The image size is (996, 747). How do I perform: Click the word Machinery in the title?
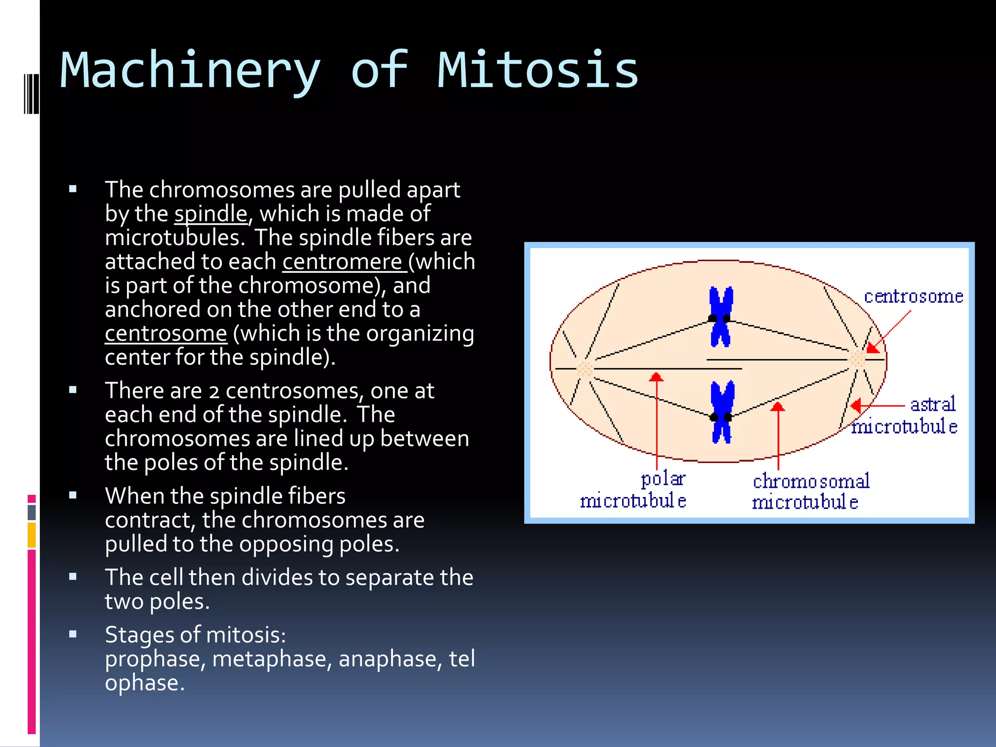[x=190, y=71]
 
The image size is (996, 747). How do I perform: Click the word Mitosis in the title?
[x=537, y=71]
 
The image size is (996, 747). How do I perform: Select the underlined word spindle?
[x=211, y=214]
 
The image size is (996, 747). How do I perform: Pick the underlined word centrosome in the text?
[x=166, y=334]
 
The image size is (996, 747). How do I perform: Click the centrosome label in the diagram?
[x=913, y=297]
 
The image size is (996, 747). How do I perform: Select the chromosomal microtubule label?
[x=810, y=491]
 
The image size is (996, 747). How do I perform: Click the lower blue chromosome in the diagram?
[x=722, y=412]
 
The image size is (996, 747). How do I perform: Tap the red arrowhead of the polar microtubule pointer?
[x=657, y=377]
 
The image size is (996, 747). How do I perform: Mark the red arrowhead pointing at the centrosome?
[x=872, y=347]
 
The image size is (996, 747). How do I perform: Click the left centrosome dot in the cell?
[x=585, y=369]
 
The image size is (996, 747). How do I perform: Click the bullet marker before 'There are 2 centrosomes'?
[x=73, y=390]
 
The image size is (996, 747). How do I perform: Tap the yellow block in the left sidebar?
[x=32, y=535]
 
